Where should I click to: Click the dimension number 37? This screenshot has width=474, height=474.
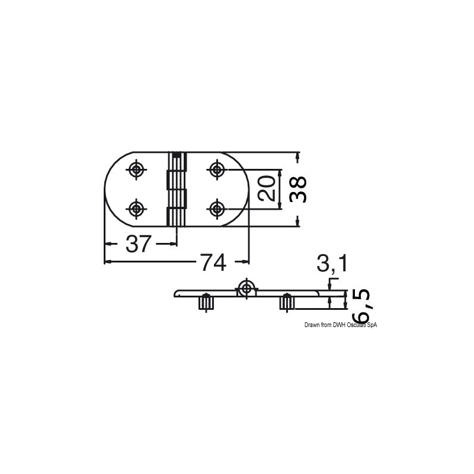tap(138, 244)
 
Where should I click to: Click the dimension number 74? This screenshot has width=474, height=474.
tap(213, 262)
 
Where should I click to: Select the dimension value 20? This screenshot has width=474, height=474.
tap(267, 189)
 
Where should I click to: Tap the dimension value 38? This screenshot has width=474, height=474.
tap(298, 190)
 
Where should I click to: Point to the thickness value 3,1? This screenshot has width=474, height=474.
tap(332, 263)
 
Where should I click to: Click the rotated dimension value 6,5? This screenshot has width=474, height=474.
tap(361, 306)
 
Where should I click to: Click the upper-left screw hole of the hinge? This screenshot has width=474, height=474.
tap(136, 169)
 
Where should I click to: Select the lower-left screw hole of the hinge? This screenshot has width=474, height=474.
tap(136, 209)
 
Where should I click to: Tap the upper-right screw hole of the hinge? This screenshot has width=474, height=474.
tap(217, 169)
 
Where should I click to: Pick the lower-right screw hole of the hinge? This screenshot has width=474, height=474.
tap(217, 209)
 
